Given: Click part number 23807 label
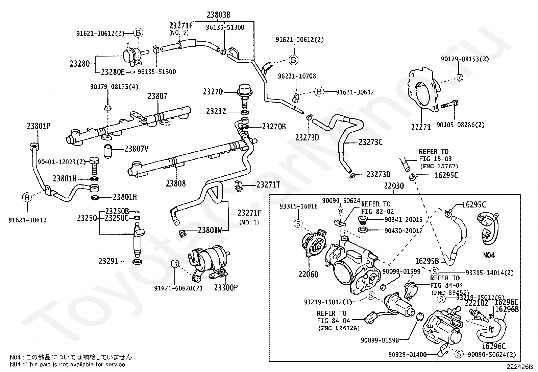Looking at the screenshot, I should click(157, 96).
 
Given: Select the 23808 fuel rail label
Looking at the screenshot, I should click(176, 183).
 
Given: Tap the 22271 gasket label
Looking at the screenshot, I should click(421, 127).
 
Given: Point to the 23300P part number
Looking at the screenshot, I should click(226, 288).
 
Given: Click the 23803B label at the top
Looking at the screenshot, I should click(219, 15).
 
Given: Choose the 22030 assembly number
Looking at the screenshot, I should click(394, 186).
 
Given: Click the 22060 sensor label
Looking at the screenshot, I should click(308, 274).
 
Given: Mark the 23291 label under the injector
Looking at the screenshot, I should click(108, 261).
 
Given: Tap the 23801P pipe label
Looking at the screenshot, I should click(39, 126).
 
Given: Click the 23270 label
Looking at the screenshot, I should click(213, 91).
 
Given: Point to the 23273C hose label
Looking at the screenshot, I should click(370, 142).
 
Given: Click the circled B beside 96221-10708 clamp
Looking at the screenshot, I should click(319, 92).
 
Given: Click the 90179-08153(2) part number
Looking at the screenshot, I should click(465, 59).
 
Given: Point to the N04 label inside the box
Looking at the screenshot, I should click(489, 255).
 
